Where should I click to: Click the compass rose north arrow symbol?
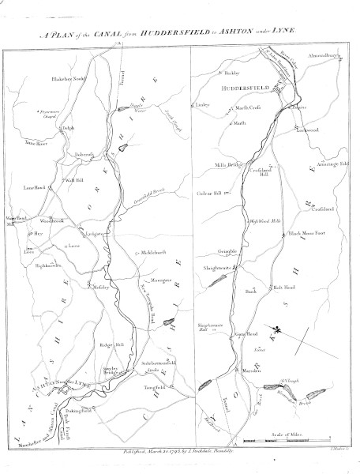point(278,326)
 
